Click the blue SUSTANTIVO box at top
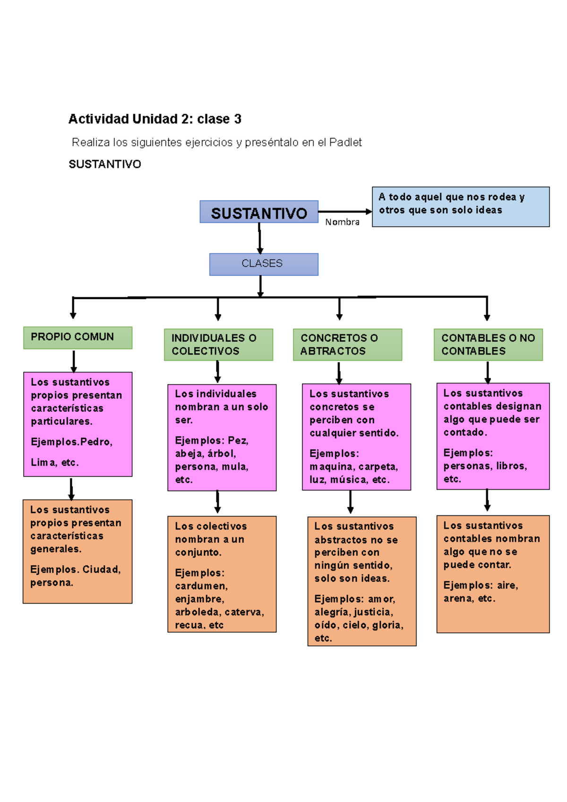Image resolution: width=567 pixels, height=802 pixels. tap(258, 212)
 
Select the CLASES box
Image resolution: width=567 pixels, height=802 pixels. tap(263, 264)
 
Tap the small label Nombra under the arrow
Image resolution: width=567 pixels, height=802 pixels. tap(342, 222)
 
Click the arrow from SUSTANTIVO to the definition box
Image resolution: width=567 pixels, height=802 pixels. tap(344, 212)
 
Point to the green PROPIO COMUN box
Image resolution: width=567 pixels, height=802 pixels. tap(77, 337)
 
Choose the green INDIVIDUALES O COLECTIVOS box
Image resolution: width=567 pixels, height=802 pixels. tap(218, 344)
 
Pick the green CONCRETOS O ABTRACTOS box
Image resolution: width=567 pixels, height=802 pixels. tap(347, 344)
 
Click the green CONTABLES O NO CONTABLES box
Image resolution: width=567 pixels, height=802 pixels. tap(488, 344)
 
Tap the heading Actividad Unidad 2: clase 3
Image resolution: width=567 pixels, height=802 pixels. tap(155, 119)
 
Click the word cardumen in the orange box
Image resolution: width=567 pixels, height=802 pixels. tap(201, 586)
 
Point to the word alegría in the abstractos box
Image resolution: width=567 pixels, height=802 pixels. tap(332, 612)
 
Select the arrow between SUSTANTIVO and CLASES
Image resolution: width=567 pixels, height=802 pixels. tap(259, 238)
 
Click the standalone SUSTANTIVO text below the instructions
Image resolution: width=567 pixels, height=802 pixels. tap(105, 164)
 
